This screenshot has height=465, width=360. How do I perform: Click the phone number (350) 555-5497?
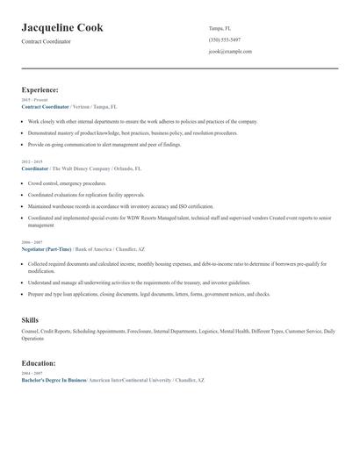tap(225, 39)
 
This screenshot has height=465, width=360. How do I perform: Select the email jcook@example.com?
tap(230, 51)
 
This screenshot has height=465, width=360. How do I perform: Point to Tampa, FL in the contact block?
tap(220, 28)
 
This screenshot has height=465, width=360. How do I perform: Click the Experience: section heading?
tap(40, 89)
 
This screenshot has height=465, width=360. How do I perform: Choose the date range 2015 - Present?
tap(35, 100)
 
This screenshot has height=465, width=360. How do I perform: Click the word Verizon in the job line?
tap(81, 106)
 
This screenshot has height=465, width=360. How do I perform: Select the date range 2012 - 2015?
tap(32, 161)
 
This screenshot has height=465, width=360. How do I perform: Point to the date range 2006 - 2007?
tap(32, 240)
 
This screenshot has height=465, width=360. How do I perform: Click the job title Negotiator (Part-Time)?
tap(47, 247)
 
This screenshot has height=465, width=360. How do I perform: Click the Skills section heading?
tap(30, 319)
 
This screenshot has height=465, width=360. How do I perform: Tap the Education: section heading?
tap(39, 362)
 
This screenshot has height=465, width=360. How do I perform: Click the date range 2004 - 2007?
tap(32, 373)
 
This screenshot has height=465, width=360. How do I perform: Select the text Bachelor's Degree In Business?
tap(54, 380)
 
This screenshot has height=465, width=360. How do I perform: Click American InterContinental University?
tap(128, 380)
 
